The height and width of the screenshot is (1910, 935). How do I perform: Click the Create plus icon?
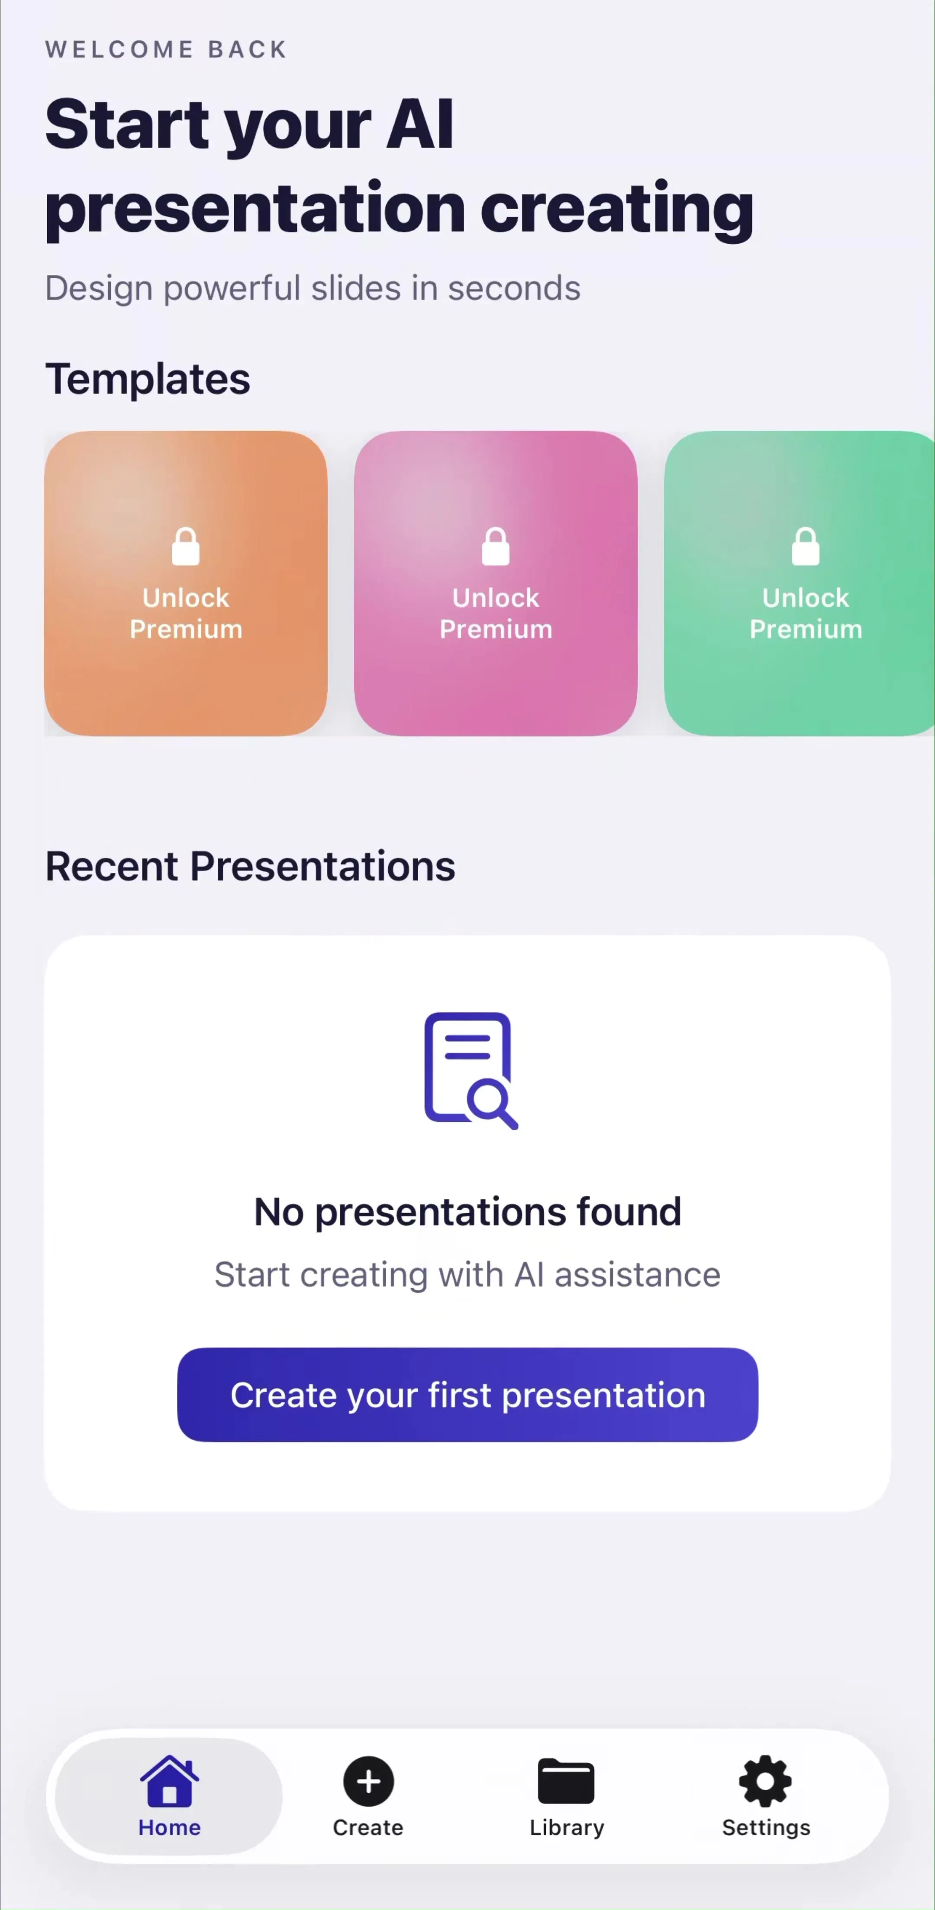pos(368,1781)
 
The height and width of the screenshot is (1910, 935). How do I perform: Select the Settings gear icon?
pos(765,1781)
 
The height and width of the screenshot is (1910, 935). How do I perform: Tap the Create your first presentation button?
pos(467,1395)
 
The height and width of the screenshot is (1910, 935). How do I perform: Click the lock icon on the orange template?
pos(185,547)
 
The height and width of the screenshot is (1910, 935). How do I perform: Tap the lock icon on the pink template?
pos(495,547)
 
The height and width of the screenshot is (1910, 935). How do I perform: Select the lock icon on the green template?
pos(805,547)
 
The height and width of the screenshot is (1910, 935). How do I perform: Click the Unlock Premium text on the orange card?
pos(185,613)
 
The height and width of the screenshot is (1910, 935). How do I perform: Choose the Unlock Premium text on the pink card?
pos(495,613)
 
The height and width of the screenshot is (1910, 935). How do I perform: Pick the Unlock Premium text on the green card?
pos(805,613)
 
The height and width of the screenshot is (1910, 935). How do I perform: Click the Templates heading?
pos(148,379)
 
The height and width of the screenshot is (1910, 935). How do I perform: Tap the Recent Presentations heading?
pos(250,866)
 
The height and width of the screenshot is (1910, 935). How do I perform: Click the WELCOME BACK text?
pos(166,49)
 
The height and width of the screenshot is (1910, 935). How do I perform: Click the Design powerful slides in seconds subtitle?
pos(312,288)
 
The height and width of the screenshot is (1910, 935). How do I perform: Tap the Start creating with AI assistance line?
pos(467,1275)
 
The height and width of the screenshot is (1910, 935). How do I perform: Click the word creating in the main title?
pos(617,210)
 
